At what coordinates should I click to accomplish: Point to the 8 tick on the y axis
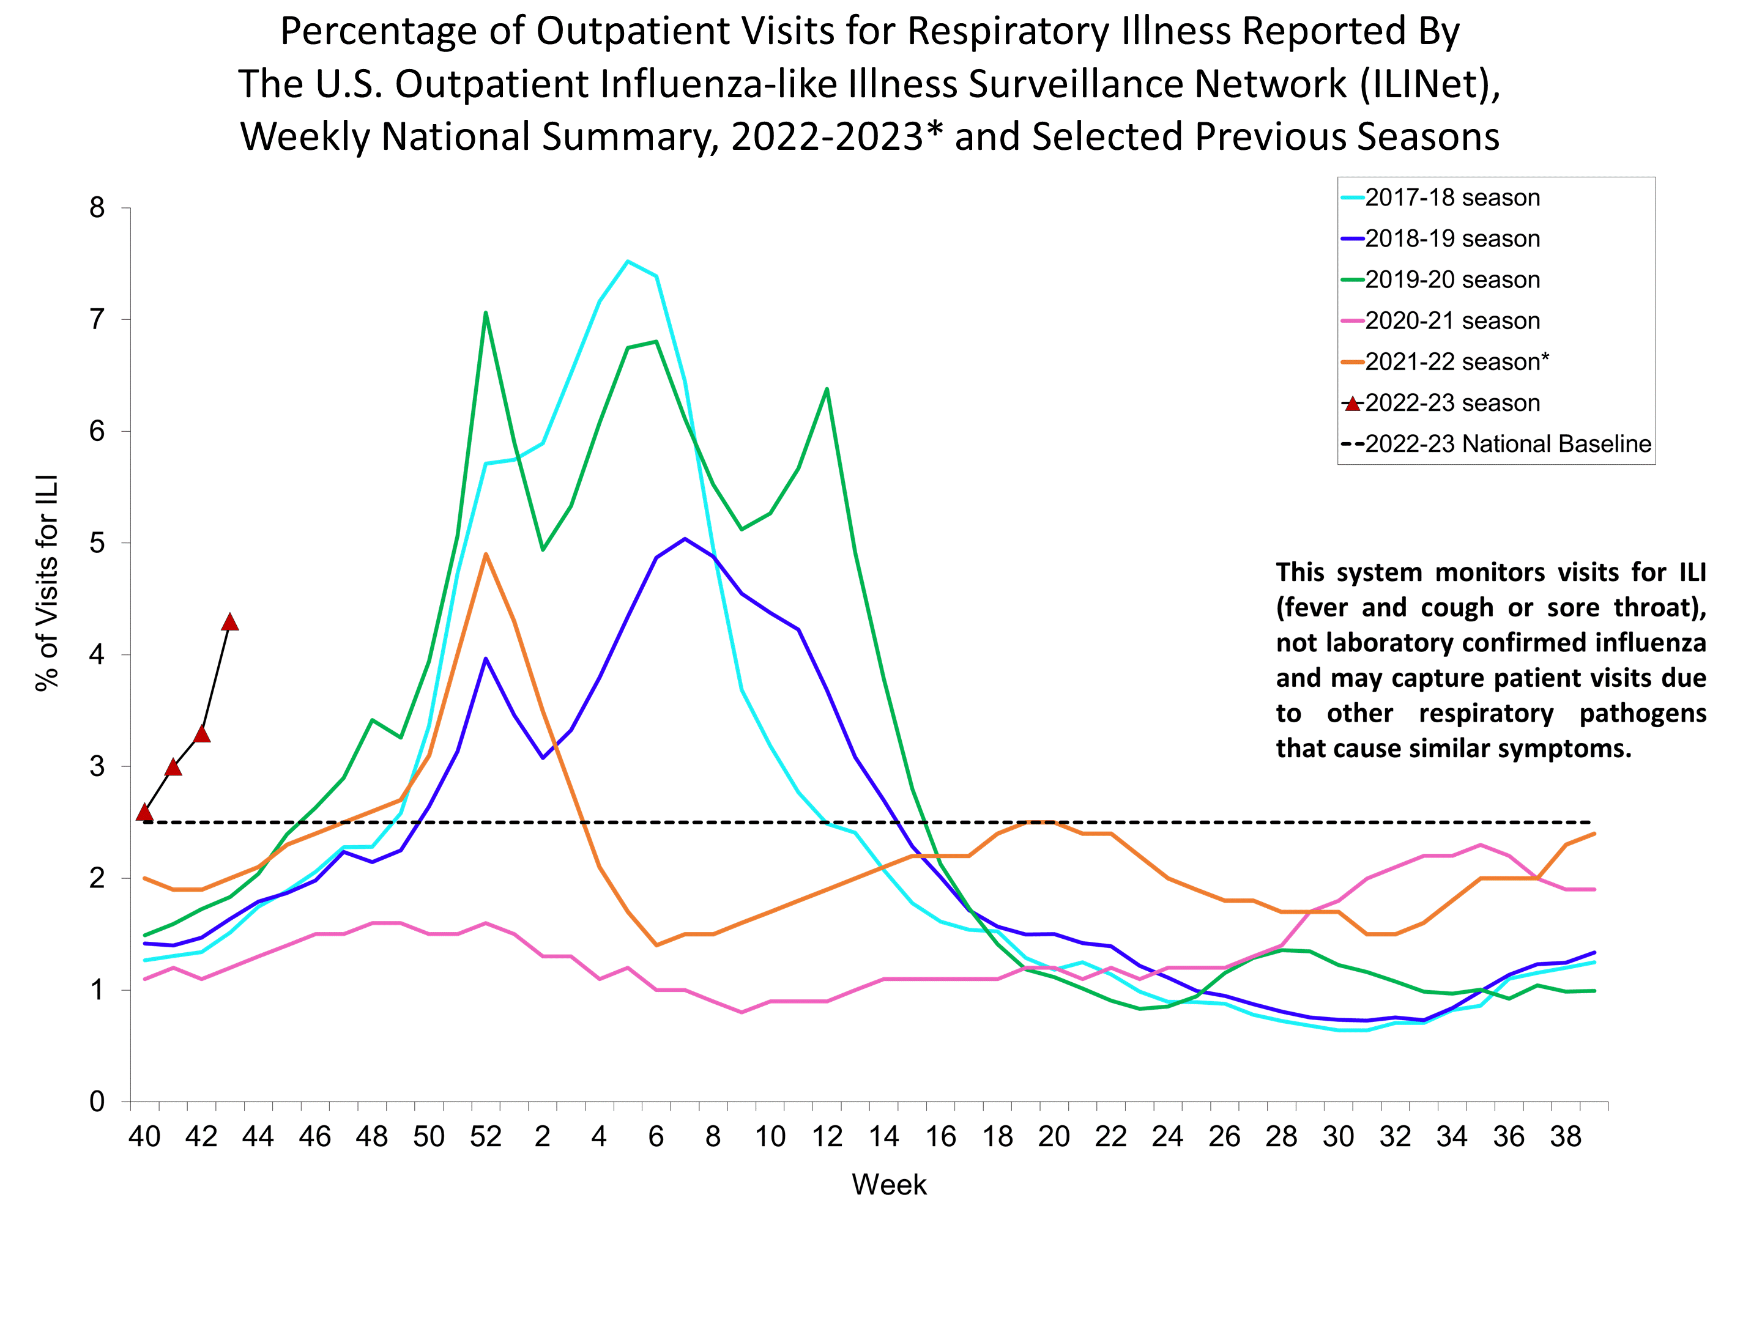(x=97, y=208)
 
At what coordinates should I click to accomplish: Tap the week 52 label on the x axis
(x=485, y=1136)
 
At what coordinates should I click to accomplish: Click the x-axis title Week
(x=888, y=1185)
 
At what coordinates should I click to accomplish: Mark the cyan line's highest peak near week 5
(x=628, y=261)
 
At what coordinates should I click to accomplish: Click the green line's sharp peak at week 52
(x=485, y=313)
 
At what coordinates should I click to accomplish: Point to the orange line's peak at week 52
(x=485, y=554)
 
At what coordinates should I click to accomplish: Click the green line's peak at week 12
(x=827, y=390)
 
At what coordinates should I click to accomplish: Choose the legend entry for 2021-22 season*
(x=1456, y=361)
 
